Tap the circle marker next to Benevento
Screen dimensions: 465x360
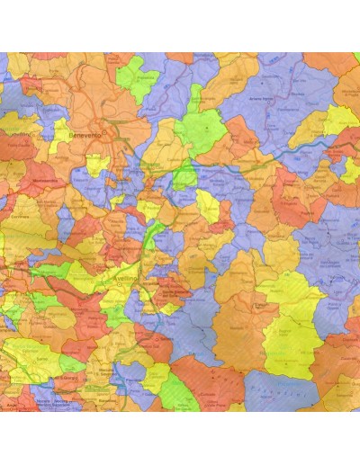(103, 135)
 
